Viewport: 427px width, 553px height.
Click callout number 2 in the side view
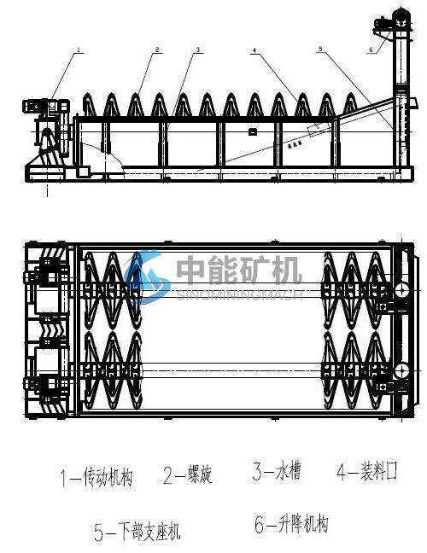click(157, 49)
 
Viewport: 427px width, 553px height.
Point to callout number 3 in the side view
click(198, 49)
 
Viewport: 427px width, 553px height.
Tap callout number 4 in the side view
click(254, 50)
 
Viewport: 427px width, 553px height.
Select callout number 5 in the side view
click(320, 49)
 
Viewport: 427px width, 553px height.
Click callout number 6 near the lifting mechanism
click(371, 49)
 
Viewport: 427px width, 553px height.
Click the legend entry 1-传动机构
click(97, 477)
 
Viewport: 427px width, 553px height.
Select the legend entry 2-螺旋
click(188, 474)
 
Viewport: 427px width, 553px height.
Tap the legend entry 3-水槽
click(277, 471)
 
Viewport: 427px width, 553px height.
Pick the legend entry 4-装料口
click(367, 471)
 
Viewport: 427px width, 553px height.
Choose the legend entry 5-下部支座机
click(137, 531)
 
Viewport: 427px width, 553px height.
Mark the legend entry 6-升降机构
click(291, 524)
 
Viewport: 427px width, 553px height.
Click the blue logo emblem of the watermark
click(147, 276)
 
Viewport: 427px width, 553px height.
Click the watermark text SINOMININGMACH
click(240, 294)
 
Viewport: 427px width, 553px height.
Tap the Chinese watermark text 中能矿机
click(239, 270)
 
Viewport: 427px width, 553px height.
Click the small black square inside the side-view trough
click(252, 132)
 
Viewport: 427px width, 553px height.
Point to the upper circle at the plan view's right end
click(401, 291)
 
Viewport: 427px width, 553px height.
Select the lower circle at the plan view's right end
click(401, 371)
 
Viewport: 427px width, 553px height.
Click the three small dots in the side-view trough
click(295, 144)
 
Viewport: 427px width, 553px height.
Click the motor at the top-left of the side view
click(46, 106)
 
